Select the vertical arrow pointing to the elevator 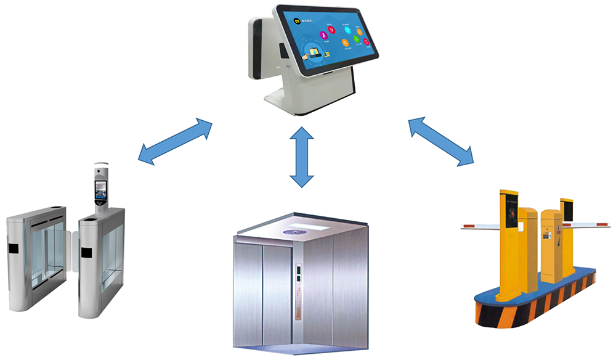coord(301,157)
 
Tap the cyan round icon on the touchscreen coord(348,29)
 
